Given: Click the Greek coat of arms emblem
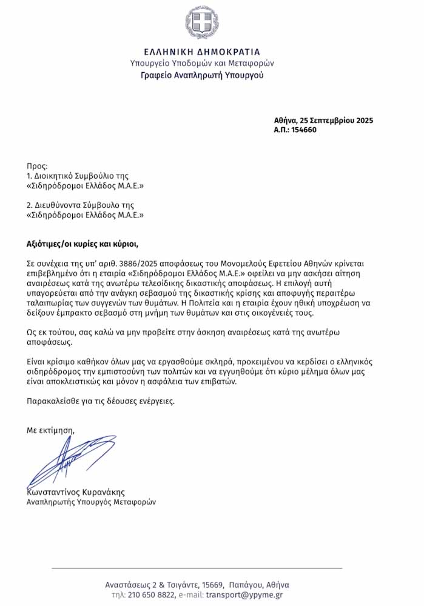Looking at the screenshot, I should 202,22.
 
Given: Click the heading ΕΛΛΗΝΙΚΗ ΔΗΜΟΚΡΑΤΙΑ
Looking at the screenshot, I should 202,52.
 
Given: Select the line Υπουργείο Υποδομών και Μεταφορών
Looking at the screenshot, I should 202,63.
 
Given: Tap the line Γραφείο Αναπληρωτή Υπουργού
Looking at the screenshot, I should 202,76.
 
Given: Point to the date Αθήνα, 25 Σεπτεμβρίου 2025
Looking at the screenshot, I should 323,120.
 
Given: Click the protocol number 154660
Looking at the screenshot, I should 304,130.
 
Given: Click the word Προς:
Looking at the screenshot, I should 37,166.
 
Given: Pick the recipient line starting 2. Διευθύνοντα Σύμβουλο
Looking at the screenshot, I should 80,205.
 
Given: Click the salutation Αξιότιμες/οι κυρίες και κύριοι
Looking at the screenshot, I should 82,244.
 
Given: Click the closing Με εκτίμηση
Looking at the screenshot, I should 50,430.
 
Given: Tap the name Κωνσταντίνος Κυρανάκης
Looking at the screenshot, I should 76,492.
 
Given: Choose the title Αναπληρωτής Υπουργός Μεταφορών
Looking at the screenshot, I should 91,502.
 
